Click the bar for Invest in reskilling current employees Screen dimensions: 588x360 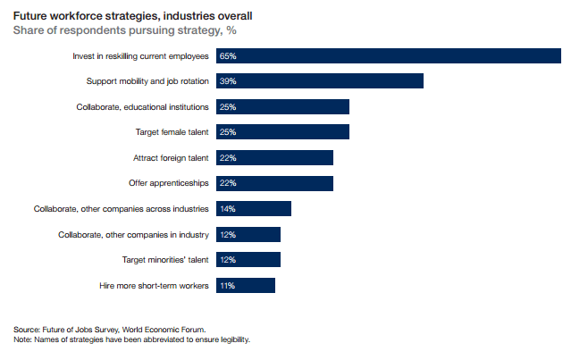389,56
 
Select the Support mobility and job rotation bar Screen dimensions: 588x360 320,81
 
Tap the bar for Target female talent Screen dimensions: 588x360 282,132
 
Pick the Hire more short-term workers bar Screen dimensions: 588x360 246,285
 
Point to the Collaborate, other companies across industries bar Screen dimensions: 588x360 254,208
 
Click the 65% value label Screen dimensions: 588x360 228,56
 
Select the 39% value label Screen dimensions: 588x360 228,81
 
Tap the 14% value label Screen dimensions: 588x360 228,209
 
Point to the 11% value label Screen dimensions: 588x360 228,286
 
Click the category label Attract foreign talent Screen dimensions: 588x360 171,158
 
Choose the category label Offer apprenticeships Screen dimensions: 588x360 168,183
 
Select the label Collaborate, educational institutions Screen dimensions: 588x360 142,107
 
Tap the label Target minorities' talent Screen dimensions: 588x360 165,260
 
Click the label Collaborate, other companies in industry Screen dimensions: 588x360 133,235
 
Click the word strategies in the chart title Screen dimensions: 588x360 132,16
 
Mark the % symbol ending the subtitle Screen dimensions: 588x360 231,30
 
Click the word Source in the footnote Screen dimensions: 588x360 27,330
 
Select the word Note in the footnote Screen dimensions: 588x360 22,339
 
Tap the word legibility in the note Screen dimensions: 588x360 235,339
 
